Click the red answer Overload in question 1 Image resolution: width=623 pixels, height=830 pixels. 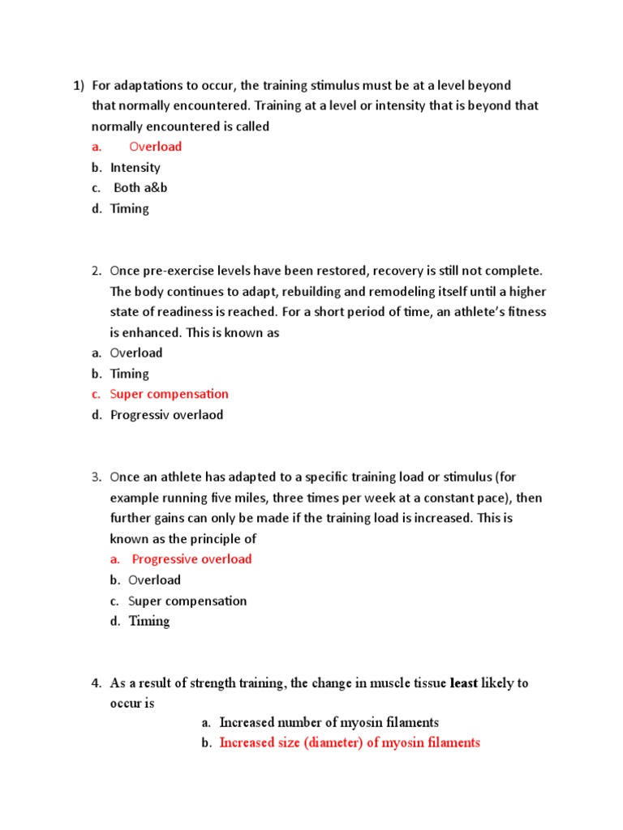156,147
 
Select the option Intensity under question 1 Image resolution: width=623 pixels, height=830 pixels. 135,168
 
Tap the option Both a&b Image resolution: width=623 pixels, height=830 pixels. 140,188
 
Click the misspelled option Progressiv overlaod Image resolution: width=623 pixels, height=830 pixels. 166,415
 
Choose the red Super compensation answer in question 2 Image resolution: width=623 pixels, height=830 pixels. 170,394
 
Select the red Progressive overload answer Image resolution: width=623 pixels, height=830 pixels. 191,559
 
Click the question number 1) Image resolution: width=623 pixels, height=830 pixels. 79,85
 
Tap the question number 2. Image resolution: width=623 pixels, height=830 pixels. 96,270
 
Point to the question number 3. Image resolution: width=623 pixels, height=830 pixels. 96,476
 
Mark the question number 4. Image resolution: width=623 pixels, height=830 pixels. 96,683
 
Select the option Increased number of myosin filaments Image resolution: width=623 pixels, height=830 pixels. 329,722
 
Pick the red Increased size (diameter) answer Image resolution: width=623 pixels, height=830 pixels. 350,742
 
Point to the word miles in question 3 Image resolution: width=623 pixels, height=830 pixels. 216,497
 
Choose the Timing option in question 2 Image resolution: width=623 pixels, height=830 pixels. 130,374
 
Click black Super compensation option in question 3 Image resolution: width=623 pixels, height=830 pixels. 187,601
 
